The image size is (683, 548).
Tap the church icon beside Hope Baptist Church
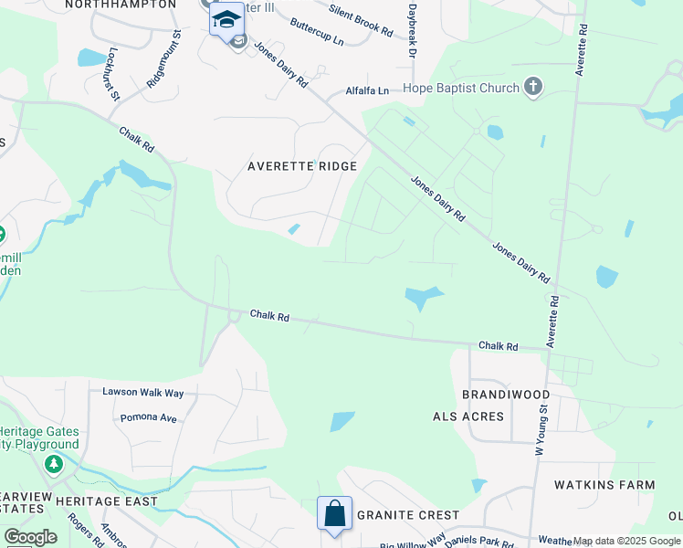[533, 88]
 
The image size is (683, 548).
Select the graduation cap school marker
[226, 19]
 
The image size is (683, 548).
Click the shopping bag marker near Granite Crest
[334, 513]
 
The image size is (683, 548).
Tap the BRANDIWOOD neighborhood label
[506, 395]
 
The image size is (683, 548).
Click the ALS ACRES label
[468, 416]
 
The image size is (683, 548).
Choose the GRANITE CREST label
[408, 515]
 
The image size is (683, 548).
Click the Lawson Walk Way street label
[143, 392]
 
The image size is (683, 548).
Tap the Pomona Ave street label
[148, 417]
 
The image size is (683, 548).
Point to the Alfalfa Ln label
[367, 90]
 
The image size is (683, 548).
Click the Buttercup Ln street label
[316, 34]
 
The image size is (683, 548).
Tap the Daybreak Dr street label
[412, 32]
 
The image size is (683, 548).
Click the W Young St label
[540, 431]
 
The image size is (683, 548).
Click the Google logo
[30, 537]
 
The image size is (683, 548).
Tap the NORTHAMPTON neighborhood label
[121, 5]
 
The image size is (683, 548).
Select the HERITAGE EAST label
[106, 501]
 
